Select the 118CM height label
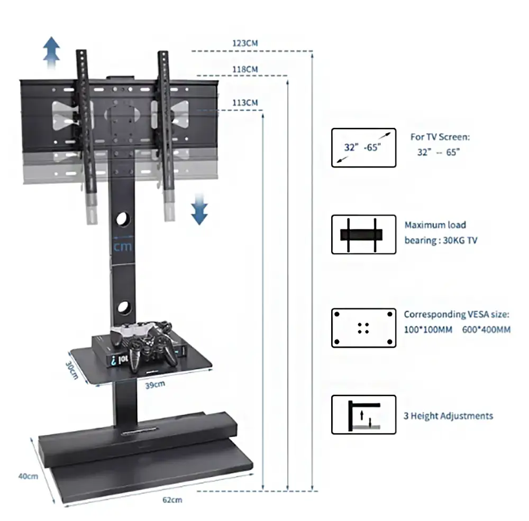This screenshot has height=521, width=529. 245,69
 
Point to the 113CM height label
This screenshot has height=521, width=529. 245,103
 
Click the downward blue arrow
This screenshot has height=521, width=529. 199,209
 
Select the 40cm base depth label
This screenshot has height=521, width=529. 28,476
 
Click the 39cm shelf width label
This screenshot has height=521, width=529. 154,385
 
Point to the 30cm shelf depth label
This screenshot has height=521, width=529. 72,370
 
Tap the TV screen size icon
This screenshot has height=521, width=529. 363,147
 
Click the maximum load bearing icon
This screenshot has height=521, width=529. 363,235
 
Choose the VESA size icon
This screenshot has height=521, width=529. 363,328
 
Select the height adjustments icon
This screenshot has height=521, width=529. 363,415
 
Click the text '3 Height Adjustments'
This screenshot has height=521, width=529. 448,416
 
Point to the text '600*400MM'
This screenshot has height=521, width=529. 487,330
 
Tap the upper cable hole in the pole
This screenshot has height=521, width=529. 122,218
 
